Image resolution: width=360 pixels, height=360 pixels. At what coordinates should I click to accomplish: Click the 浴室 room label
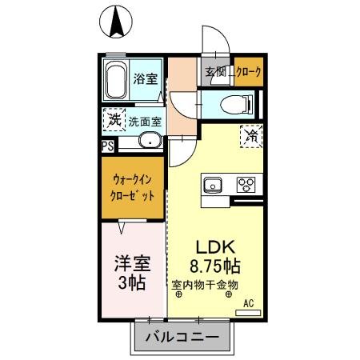(145, 80)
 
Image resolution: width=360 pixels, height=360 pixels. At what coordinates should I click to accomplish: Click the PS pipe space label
(107, 146)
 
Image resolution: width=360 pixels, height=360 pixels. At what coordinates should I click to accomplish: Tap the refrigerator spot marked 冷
(249, 137)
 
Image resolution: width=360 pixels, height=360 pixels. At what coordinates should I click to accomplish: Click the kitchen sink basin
(214, 185)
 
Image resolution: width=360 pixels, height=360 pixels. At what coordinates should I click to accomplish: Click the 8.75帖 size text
(215, 264)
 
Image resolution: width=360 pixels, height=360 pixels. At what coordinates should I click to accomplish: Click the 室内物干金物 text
(205, 283)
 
